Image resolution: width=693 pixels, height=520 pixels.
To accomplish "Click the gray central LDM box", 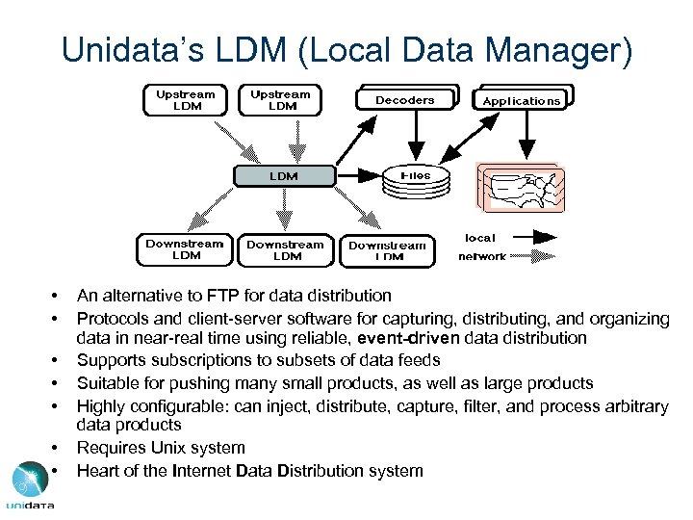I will click(x=283, y=176).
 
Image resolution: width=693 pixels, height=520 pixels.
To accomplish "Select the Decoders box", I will click(x=404, y=100).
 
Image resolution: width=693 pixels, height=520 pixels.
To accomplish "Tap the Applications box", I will click(x=521, y=100).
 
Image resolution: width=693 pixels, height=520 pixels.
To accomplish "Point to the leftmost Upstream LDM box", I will click(x=187, y=100).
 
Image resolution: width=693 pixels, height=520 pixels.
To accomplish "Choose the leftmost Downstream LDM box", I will click(x=186, y=249).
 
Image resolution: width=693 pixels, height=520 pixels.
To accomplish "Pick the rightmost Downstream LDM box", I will click(x=388, y=251).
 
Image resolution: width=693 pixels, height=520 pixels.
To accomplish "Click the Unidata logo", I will click(x=30, y=486).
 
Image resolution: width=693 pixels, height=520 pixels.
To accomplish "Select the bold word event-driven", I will click(x=399, y=338).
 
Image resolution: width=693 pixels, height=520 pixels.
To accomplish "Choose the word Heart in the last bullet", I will click(x=98, y=471).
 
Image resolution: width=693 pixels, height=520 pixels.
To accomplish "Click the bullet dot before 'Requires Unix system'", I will click(x=58, y=448).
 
